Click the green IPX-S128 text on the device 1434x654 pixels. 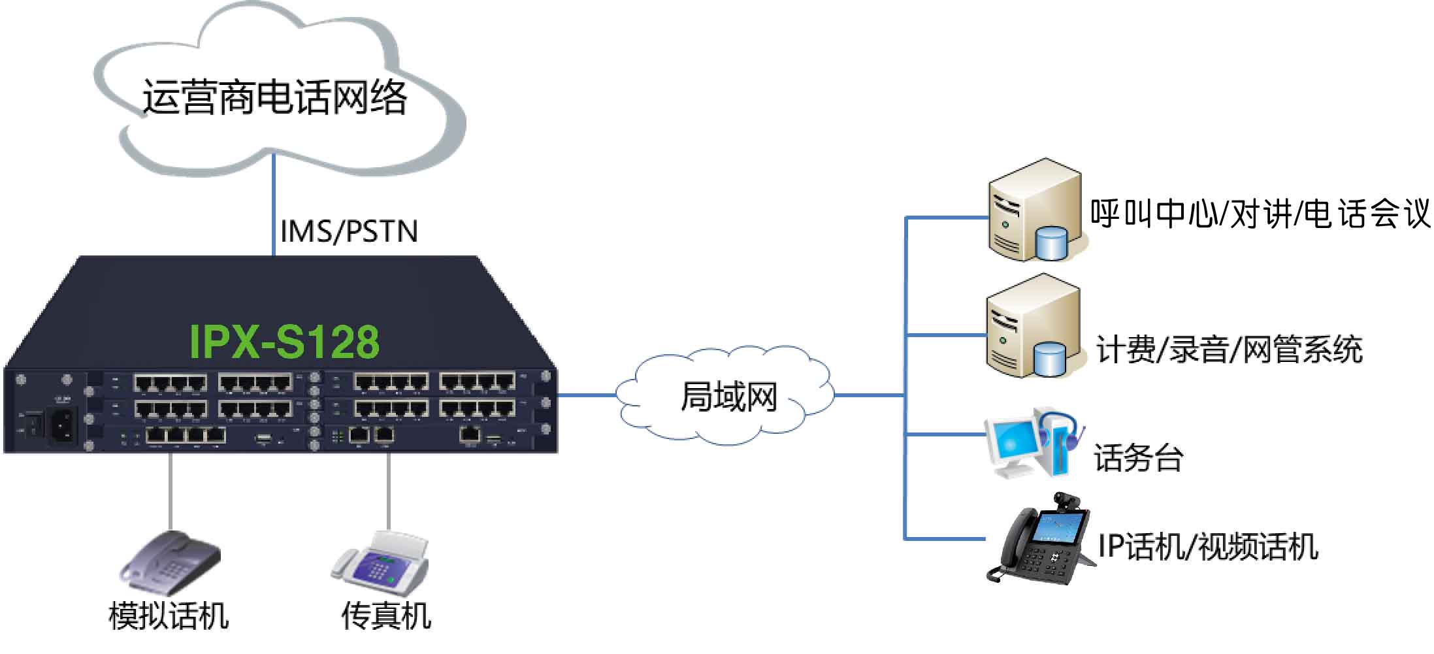(x=284, y=342)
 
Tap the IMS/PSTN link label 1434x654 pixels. (x=349, y=232)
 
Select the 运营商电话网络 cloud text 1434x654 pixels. (x=275, y=99)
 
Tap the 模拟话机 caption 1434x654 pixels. (x=169, y=616)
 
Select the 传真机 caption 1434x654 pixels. (x=386, y=616)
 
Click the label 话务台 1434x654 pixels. (x=1138, y=458)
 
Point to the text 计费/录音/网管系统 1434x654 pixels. (x=1229, y=350)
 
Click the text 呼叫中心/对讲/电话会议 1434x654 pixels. (x=1260, y=214)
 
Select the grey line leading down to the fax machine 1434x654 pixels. (x=388, y=490)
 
